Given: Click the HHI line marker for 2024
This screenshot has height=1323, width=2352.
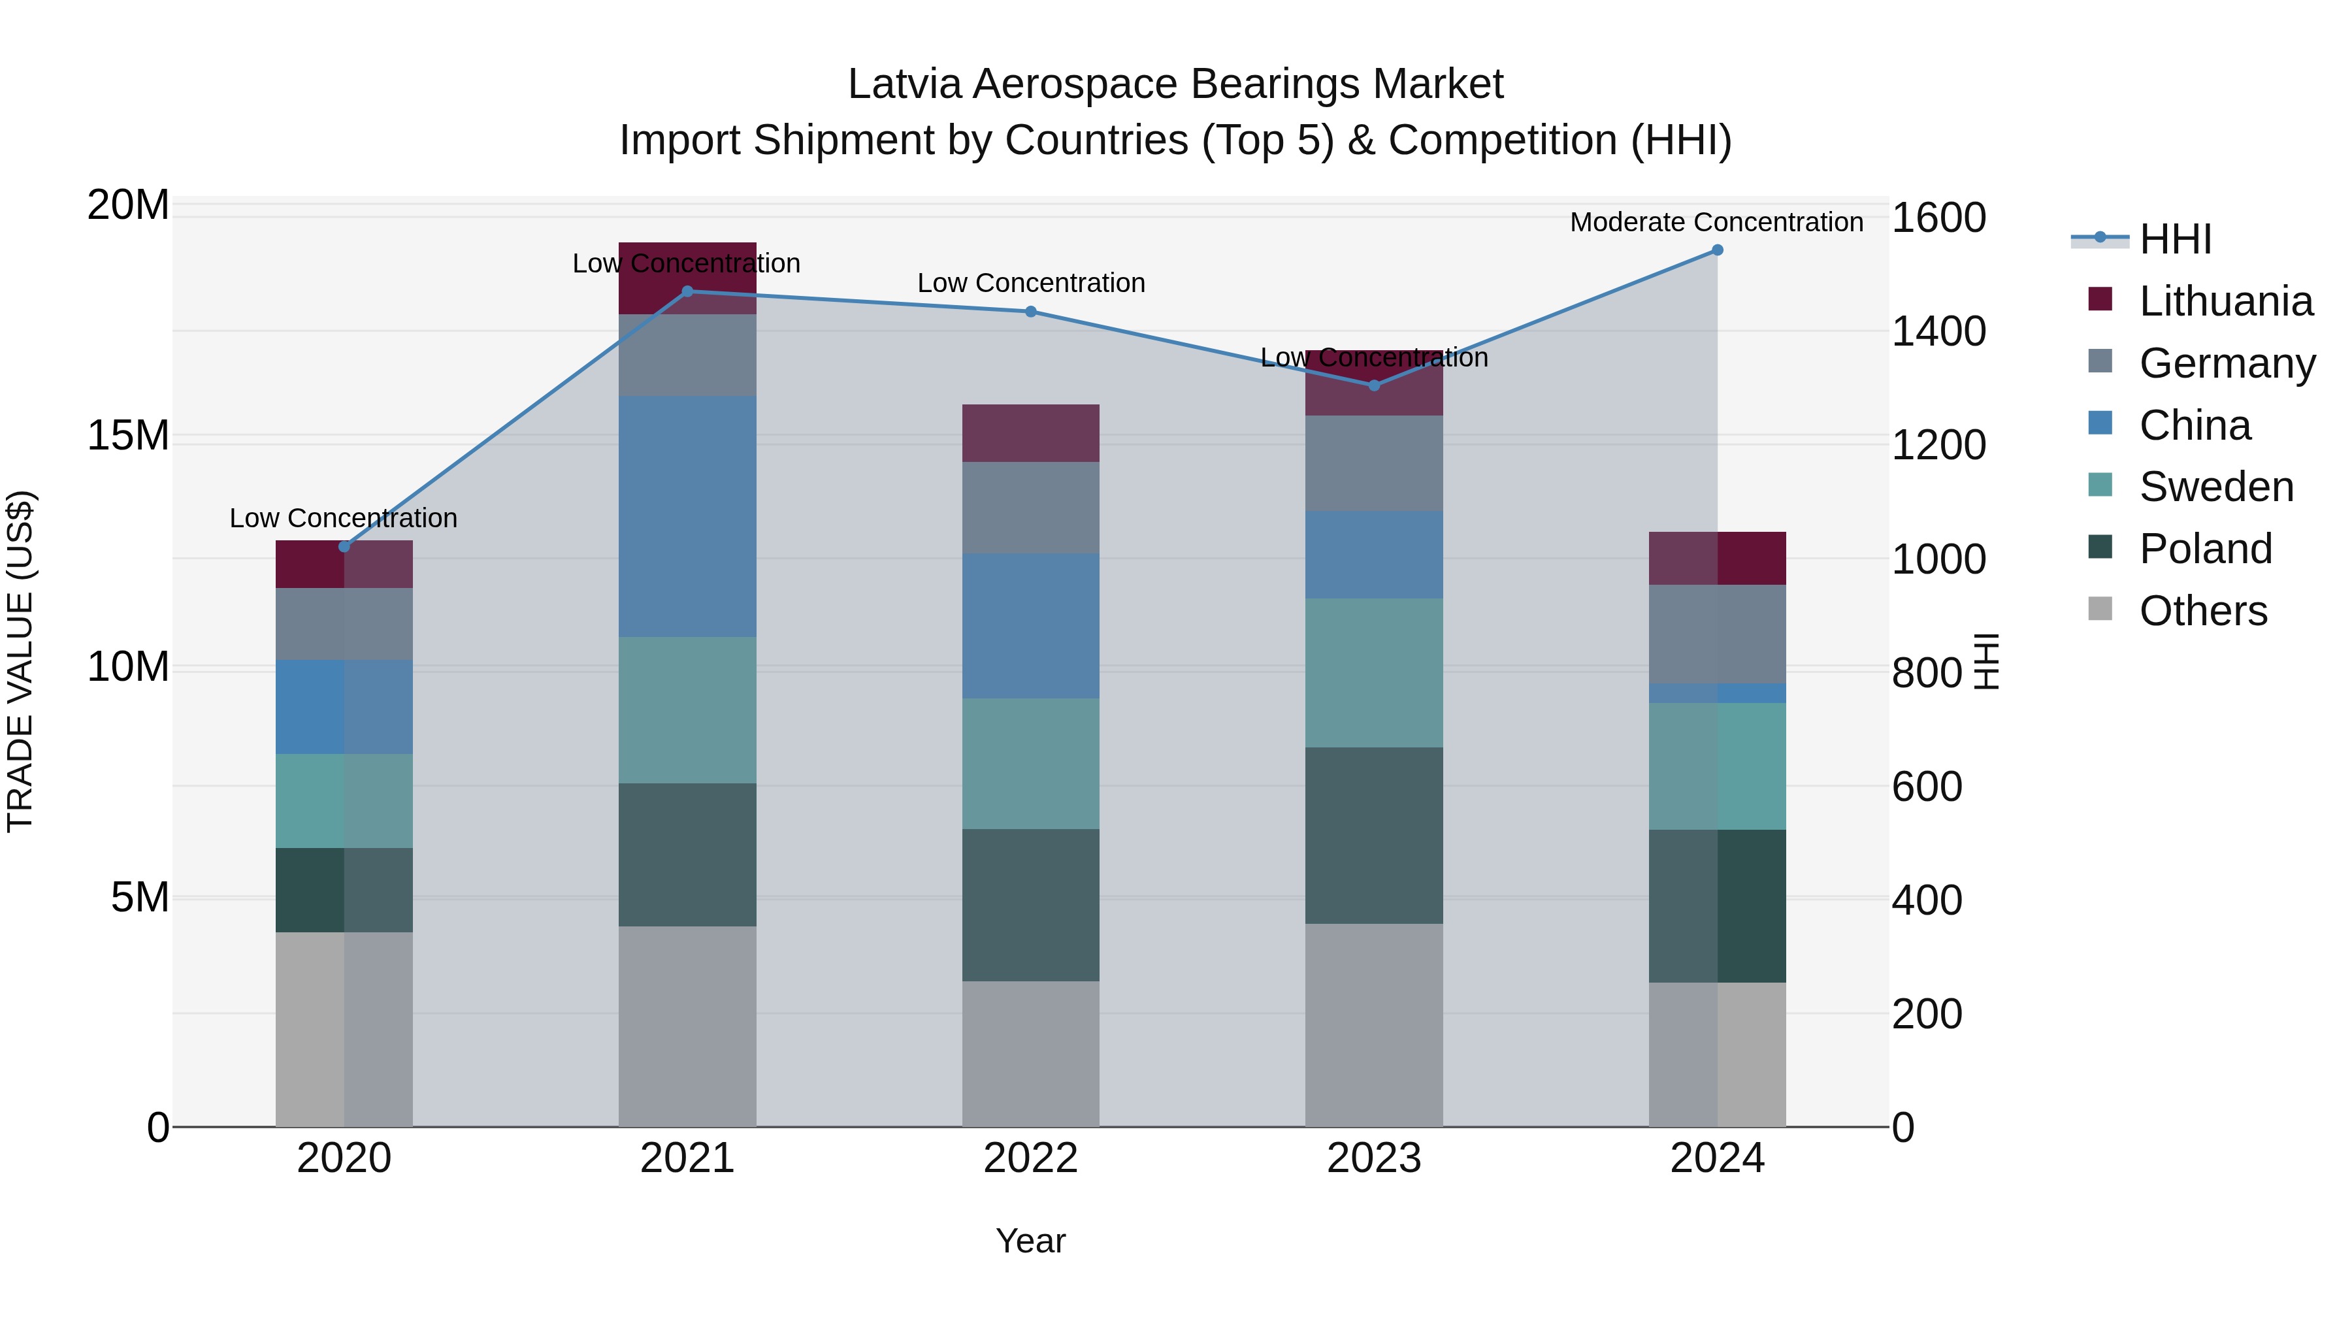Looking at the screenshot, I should [1716, 250].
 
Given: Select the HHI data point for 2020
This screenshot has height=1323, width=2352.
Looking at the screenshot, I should [344, 547].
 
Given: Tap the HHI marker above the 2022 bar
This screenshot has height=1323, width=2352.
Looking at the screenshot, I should [1031, 312].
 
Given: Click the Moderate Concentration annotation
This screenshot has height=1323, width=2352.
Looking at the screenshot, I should [1716, 222].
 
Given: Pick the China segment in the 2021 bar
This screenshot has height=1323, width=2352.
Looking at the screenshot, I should [687, 516].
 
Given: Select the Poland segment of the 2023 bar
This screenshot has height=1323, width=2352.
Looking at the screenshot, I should [1373, 836].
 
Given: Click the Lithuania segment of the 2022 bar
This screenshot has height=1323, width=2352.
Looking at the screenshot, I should [1031, 433].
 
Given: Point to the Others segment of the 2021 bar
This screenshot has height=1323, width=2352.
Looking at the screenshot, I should [687, 1026].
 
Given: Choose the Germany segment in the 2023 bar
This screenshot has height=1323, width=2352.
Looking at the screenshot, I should [1373, 463].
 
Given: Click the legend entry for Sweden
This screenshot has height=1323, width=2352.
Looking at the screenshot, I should [2216, 487].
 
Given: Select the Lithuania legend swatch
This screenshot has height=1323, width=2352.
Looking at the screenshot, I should [2100, 299].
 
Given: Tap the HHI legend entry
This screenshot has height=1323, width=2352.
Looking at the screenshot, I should [2175, 239].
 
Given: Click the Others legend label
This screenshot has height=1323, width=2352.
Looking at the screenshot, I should [2202, 611].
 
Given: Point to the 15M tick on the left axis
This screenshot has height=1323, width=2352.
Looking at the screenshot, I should [128, 436].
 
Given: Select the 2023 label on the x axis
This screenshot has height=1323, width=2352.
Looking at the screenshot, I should [1373, 1158].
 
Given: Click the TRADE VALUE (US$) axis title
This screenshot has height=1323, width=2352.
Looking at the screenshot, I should [20, 661].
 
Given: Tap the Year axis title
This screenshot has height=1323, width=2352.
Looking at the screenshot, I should [1031, 1241].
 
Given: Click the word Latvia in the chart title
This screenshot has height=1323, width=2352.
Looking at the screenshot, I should [904, 84].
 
